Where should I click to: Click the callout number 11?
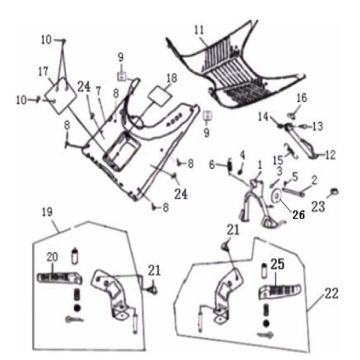click(200, 31)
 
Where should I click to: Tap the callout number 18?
click(171, 79)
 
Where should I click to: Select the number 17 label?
click(43, 71)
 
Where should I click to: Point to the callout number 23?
click(318, 207)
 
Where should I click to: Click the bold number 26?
click(299, 215)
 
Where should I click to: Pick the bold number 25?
click(278, 264)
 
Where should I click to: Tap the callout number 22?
click(331, 294)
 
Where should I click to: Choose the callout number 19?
click(47, 213)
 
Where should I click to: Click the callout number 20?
click(52, 257)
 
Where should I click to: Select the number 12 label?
click(330, 155)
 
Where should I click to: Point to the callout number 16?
click(301, 98)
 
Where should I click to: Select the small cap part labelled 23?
click(334, 191)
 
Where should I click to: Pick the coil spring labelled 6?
click(230, 166)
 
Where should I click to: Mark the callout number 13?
click(317, 126)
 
